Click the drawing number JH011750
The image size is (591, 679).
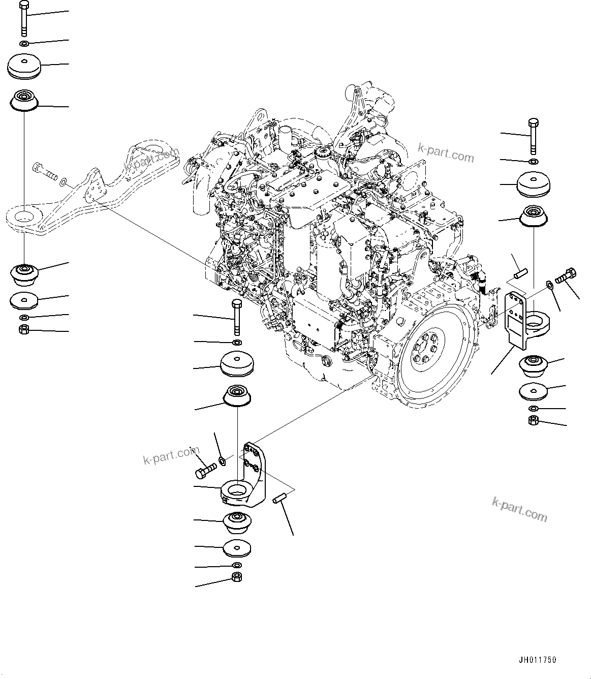coord(537,660)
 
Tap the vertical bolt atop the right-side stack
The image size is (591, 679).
coord(533,136)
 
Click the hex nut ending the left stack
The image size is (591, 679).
coord(23,330)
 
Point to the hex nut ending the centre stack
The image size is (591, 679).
coord(236,577)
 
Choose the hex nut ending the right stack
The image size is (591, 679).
coord(534,420)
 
